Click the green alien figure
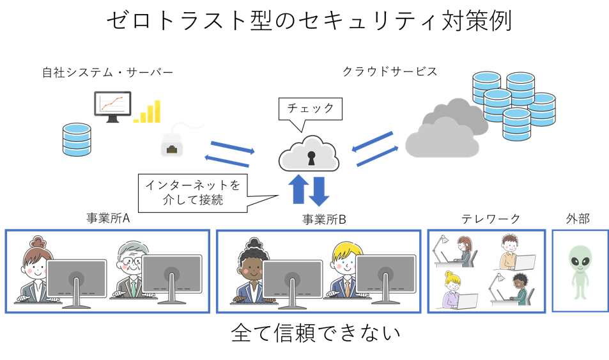pyautogui.click(x=580, y=270)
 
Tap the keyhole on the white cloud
pyautogui.click(x=311, y=157)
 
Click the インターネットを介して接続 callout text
pyautogui.click(x=192, y=194)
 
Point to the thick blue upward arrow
pyautogui.click(x=298, y=190)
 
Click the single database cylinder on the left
pyautogui.click(x=77, y=140)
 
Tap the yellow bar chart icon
pyautogui.click(x=148, y=113)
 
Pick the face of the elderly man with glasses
pyautogui.click(x=132, y=262)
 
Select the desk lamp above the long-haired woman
pyautogui.click(x=441, y=243)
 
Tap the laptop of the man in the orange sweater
pyautogui.click(x=523, y=262)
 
